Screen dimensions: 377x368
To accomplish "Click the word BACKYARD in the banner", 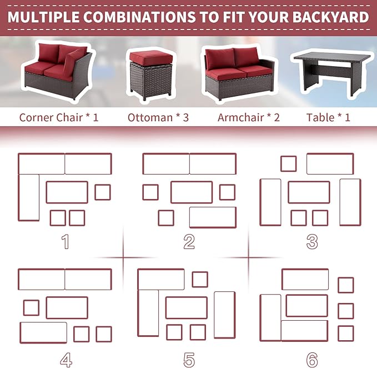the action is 330,17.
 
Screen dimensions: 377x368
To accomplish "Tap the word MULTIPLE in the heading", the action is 43,17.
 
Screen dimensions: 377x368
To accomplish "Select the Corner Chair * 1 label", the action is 59,117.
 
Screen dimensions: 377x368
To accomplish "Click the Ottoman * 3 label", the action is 158,117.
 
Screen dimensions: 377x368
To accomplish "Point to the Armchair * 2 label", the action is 249,117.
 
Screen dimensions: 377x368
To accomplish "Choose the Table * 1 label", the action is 328,117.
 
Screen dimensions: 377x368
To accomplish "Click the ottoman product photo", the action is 151,75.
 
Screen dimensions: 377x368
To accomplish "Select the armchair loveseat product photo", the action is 239,73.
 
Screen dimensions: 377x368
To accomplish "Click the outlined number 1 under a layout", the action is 66,241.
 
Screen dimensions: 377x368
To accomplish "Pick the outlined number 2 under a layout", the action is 189,241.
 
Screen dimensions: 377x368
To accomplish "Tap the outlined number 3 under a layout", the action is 312,241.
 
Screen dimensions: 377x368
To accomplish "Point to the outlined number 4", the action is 66,360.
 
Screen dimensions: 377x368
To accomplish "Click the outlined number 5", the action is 189,360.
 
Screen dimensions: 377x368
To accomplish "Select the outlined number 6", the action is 312,360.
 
